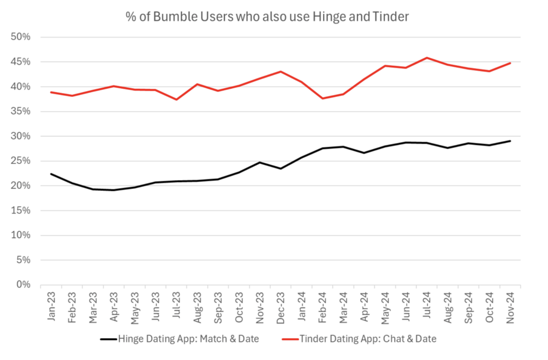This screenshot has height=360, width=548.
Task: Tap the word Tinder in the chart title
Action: (x=390, y=17)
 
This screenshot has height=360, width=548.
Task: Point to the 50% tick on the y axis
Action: (x=21, y=37)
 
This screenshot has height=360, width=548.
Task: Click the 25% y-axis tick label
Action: (x=21, y=161)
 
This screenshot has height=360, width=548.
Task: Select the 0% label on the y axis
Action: (x=24, y=285)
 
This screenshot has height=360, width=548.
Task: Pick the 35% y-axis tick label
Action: (x=21, y=112)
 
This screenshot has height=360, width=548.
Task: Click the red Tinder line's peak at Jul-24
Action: (x=427, y=58)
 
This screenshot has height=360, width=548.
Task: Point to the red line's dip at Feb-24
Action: (x=323, y=98)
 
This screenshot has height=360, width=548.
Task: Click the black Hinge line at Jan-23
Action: (x=51, y=174)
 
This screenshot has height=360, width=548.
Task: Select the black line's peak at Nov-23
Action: (x=260, y=162)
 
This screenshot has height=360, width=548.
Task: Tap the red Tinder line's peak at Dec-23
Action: (x=280, y=72)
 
